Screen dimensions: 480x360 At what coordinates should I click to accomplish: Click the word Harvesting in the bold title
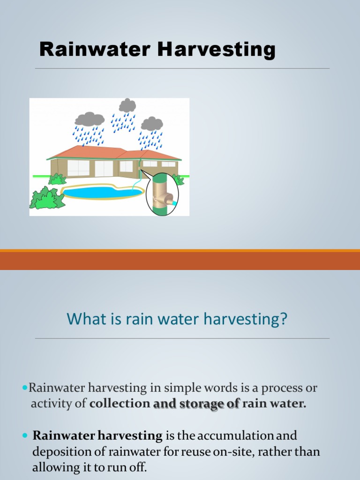217,49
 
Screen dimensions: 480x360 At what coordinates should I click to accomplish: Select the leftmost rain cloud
90,119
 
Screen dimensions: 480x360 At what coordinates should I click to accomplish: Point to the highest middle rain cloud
127,105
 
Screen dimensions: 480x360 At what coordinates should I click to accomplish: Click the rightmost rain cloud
152,124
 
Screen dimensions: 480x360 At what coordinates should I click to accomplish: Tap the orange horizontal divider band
180,260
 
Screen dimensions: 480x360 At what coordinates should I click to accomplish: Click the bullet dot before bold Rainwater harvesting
25,436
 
